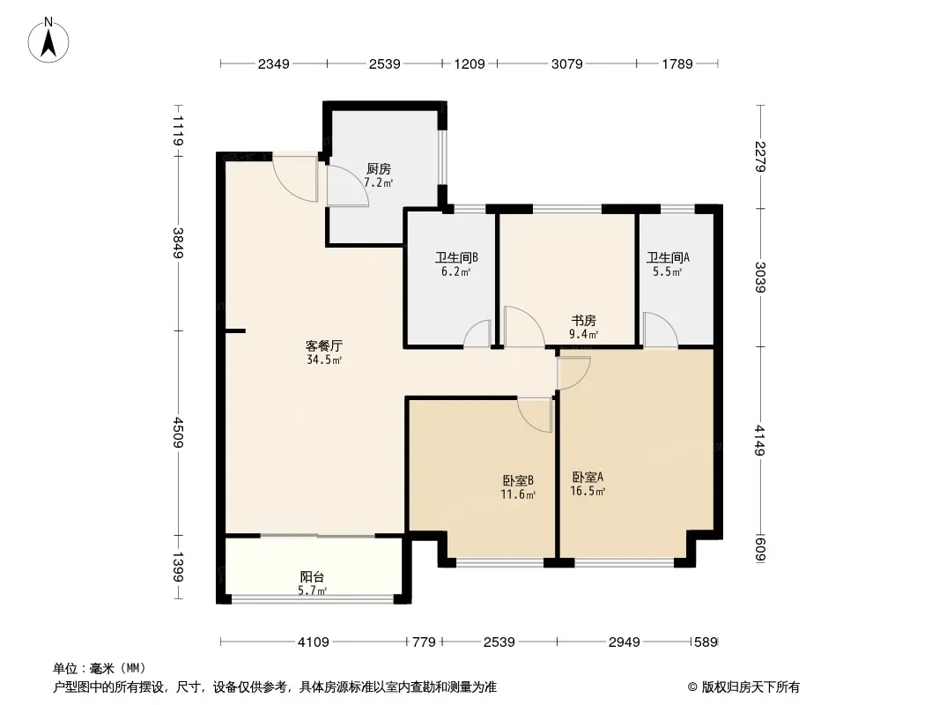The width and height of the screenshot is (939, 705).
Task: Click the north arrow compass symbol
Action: click(48, 41)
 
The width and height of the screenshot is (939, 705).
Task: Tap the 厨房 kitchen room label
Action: click(379, 169)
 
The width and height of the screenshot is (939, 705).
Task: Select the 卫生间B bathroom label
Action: click(456, 257)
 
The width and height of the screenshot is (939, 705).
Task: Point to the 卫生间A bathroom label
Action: click(668, 257)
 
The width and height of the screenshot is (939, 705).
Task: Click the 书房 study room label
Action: click(583, 321)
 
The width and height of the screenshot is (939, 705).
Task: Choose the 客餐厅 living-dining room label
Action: click(324, 345)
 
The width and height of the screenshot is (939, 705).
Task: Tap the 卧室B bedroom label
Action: click(518, 480)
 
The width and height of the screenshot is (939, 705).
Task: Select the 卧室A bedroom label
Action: click(588, 477)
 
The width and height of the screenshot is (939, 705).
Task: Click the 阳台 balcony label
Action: click(312, 577)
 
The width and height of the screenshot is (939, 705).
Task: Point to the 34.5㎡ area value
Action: click(324, 360)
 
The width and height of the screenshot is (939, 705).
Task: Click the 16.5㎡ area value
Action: click(588, 491)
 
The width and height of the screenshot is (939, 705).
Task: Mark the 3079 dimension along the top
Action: click(566, 63)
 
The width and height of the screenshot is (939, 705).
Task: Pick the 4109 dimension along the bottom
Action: click(314, 642)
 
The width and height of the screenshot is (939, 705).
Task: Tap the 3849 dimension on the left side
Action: click(178, 243)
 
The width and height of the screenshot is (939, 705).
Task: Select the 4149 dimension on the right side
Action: click(760, 441)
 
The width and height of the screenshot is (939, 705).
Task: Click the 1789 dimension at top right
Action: click(677, 63)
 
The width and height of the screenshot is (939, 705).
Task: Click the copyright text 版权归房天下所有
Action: click(750, 687)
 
